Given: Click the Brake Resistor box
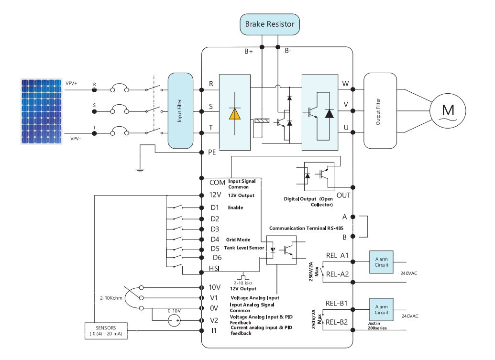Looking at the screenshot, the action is coord(270,24).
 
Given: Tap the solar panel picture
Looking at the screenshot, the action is coord(41,111).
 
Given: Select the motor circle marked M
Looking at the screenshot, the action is coord(448,111).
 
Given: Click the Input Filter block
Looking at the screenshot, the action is coord(180,111).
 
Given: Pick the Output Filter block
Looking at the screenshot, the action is coord(380,111).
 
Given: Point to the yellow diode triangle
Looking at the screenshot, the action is coord(234,114).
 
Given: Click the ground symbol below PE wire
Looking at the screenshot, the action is coord(140,170).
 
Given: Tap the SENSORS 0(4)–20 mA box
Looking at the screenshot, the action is coord(106,331).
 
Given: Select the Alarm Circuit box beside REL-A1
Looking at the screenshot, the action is coord(381,262).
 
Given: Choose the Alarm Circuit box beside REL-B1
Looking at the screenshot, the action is coord(381,309).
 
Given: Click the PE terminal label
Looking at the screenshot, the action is coord(212,153).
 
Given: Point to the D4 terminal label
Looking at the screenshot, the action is coord(215,240).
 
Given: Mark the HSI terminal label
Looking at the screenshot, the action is coord(214,268).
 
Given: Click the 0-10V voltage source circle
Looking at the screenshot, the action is coord(174,321).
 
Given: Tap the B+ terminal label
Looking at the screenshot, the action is coord(248,52).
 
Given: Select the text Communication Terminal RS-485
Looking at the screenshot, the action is coord(306,228).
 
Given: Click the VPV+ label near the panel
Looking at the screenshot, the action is coord(71,83).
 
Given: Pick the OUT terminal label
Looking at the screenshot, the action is coord(343,196).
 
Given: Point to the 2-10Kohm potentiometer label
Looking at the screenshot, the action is coord(111,298).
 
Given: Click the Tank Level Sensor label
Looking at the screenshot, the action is coord(244,248).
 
